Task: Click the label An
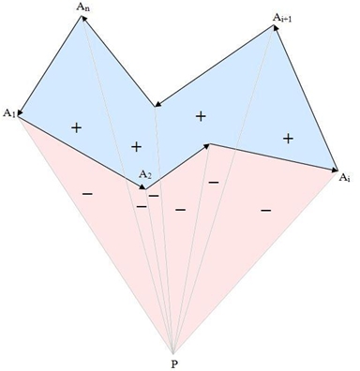(83, 7)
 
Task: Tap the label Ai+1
(282, 18)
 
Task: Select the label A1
(9, 113)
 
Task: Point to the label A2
(145, 174)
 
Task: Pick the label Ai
(344, 178)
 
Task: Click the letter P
(174, 364)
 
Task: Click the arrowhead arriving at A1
(21, 112)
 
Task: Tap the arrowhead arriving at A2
(142, 186)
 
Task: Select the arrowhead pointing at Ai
(334, 170)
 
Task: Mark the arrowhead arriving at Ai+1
(276, 28)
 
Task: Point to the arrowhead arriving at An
(84, 19)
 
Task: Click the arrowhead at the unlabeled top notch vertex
(158, 104)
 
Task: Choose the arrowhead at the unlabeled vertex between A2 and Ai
(206, 145)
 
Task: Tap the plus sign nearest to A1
(77, 127)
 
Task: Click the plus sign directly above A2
(136, 147)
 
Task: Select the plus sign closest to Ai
(288, 139)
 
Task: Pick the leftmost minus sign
(87, 194)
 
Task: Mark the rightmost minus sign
(265, 211)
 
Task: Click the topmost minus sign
(214, 183)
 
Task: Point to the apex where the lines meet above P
(173, 353)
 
